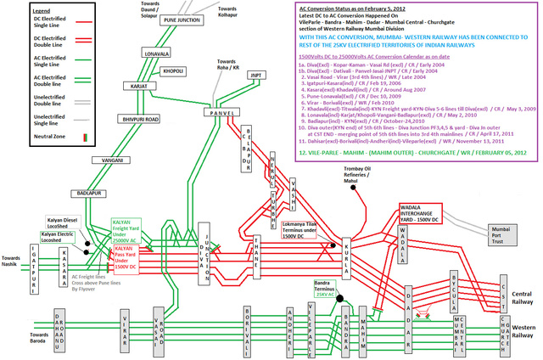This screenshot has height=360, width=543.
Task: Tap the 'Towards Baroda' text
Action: tap(17, 339)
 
